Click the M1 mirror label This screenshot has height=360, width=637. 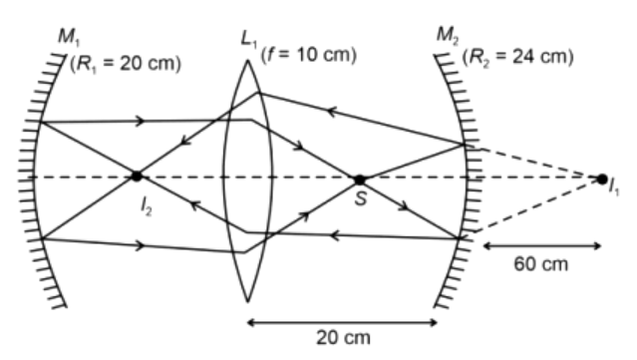[70, 37]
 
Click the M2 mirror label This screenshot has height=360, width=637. [449, 35]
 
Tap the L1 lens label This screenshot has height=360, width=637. [248, 40]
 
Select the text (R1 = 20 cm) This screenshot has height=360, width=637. [126, 64]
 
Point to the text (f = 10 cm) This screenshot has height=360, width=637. [309, 55]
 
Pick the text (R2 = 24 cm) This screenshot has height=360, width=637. [518, 57]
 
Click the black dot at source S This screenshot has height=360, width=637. [359, 180]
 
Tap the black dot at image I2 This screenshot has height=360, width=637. [137, 177]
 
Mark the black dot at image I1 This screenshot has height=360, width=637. [602, 179]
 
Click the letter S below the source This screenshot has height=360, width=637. [361, 199]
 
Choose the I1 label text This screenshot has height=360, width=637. [614, 187]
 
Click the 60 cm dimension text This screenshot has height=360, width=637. [540, 264]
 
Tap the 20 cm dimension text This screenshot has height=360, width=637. [343, 338]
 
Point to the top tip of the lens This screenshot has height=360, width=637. [247, 61]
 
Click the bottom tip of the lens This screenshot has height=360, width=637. [247, 302]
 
